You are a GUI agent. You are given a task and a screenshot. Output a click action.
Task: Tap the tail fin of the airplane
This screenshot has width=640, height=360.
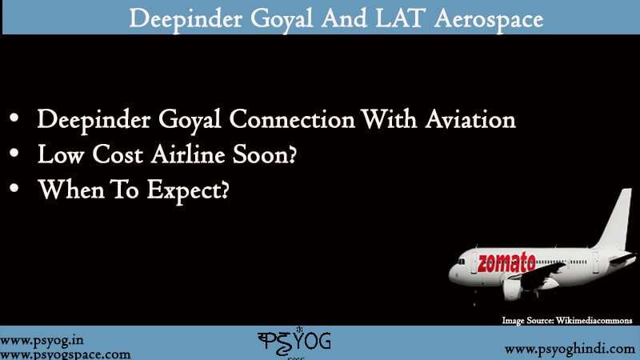(617, 220)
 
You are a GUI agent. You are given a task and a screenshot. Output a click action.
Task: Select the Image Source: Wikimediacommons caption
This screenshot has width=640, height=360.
(566, 320)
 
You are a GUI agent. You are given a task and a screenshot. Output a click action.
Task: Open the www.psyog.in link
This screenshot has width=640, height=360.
(37, 338)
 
